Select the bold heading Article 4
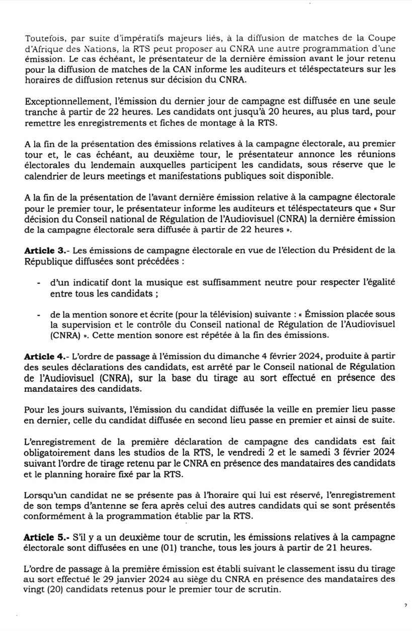44,356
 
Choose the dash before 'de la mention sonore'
39,314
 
